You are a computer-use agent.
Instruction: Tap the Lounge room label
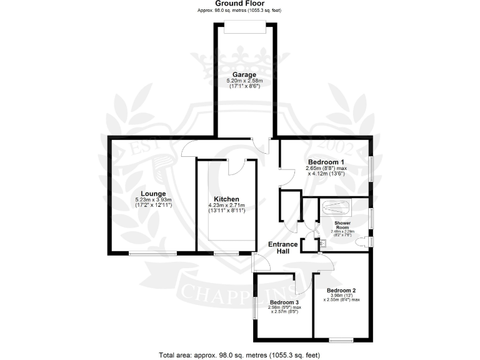(152, 192)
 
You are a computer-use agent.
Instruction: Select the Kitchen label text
(226, 199)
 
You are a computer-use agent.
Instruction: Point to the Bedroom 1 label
(324, 161)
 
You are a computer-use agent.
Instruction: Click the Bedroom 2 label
(341, 291)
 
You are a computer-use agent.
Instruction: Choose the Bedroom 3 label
(276, 301)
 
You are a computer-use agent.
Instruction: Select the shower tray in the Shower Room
(336, 207)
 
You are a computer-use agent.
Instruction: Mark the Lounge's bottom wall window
(152, 253)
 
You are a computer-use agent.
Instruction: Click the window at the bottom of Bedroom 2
(341, 340)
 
